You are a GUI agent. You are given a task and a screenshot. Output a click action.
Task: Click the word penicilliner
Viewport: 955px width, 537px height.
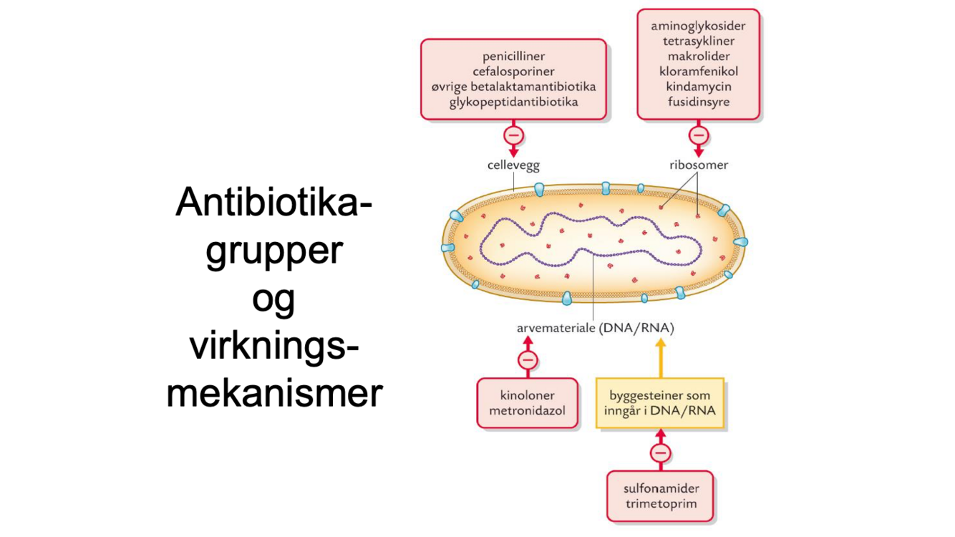click(513, 56)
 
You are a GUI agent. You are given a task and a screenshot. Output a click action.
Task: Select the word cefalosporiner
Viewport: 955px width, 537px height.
click(513, 71)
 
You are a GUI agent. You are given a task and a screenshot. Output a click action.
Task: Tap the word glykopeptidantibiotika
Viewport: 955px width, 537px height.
click(513, 102)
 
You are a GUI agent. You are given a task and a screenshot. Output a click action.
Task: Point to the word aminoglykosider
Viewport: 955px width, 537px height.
click(698, 26)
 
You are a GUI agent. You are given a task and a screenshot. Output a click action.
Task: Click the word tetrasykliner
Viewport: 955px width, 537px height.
click(698, 41)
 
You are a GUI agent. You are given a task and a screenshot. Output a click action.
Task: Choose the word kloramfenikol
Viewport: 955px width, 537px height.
click(698, 71)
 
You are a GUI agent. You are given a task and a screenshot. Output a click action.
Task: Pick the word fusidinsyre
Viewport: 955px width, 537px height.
click(698, 102)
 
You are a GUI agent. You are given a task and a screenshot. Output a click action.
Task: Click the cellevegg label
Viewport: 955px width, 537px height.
click(513, 165)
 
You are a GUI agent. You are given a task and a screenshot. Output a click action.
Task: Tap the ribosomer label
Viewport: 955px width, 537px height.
click(699, 165)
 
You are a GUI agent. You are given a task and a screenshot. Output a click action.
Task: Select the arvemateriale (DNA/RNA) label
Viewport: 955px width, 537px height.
click(595, 329)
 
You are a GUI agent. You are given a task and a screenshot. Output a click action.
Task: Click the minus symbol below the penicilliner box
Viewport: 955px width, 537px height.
click(513, 135)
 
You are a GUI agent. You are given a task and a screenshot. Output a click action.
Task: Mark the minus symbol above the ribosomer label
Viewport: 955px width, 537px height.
click(699, 135)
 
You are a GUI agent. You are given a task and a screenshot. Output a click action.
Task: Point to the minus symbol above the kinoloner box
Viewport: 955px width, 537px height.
click(528, 360)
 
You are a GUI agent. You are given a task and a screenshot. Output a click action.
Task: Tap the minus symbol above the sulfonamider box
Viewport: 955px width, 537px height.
click(660, 453)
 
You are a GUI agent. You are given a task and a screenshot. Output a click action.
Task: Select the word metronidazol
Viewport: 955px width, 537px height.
click(527, 411)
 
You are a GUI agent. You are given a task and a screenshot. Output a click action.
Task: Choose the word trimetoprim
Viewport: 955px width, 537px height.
click(660, 504)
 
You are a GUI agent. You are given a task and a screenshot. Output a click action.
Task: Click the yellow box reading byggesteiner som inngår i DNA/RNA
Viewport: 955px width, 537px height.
click(660, 403)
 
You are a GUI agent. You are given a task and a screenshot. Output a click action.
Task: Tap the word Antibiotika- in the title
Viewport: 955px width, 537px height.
click(274, 203)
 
